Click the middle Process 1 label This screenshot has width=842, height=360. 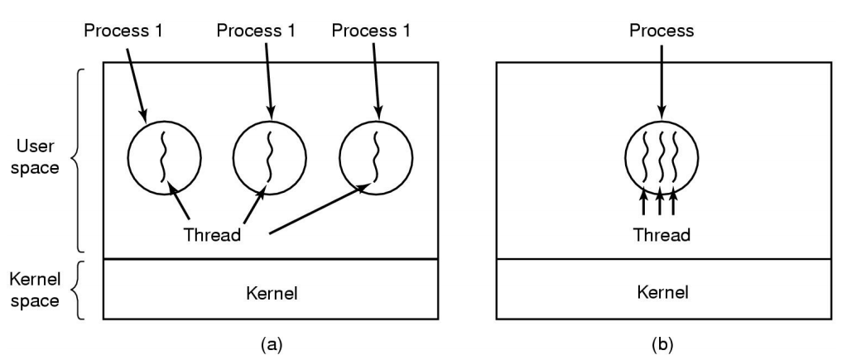pos(255,31)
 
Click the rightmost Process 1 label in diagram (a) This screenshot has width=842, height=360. pos(370,31)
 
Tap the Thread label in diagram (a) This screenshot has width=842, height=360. pos(213,234)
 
